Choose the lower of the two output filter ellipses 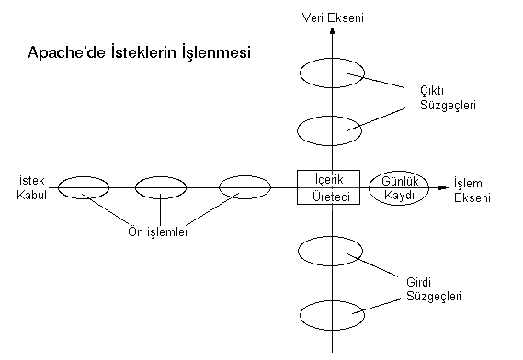coord(332,129)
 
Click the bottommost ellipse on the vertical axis coord(332,313)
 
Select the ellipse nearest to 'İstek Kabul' coord(84,187)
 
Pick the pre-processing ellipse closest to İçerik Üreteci coord(244,187)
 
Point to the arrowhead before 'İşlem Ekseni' coord(445,187)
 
